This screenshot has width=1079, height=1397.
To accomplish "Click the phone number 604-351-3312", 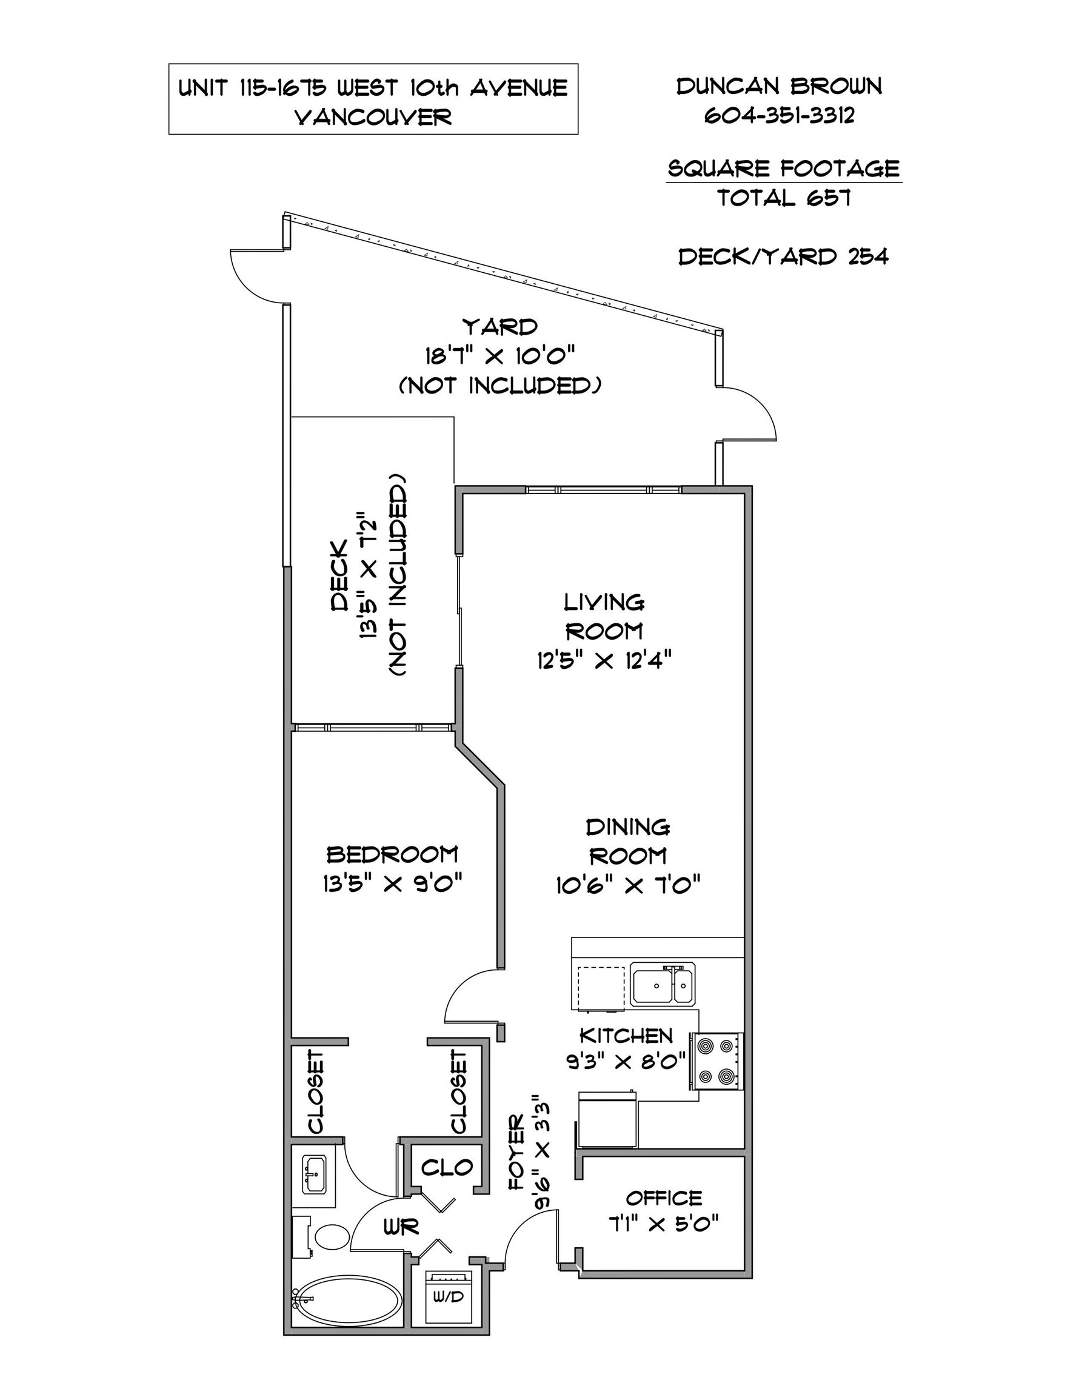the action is (780, 115).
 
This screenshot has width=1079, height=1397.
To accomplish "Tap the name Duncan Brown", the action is (780, 85).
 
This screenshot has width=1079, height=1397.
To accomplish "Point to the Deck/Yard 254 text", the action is (784, 256).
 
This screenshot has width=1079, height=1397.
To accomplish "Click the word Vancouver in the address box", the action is (373, 116).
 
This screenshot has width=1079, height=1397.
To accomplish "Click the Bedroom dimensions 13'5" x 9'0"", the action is (392, 884).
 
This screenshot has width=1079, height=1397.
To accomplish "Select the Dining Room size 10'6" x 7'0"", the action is (628, 886).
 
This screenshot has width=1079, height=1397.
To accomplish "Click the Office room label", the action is (664, 1198).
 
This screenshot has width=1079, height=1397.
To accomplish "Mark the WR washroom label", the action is (401, 1227).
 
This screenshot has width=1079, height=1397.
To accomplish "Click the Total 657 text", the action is (784, 198).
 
